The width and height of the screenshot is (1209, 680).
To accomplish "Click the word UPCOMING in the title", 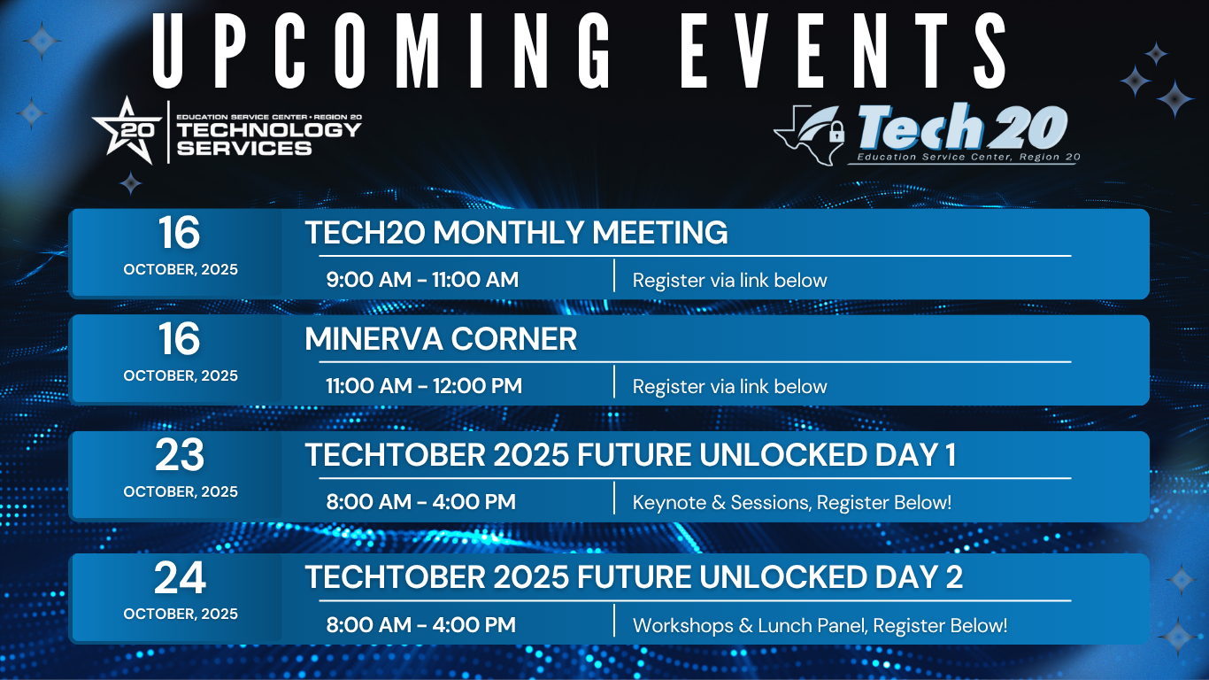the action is pos(381,50).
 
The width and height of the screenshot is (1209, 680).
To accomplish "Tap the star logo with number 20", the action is pos(127,130).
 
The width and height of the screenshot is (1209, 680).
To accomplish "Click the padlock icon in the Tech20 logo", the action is pos(836,131).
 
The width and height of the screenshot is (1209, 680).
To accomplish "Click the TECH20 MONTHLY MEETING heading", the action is pos(516,232).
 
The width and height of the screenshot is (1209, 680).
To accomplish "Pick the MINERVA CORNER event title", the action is pos(441,338).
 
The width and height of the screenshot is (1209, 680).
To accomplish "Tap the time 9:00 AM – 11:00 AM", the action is pos(422,280).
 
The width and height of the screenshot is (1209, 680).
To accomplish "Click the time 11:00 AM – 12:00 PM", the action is pos(424,386).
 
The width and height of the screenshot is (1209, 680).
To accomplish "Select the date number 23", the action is pos(180,455).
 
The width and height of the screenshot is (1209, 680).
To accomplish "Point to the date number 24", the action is pos(180,578).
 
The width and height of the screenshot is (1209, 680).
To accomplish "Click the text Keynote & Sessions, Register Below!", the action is pos(792,502).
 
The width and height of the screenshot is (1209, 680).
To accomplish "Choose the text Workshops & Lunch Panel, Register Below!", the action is pos(820,625).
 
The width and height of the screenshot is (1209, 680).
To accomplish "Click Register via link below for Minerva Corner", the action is pos(729,387).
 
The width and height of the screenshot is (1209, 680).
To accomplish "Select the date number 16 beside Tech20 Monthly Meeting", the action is pos(179,233).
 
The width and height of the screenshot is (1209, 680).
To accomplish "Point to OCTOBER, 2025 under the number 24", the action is pos(181,614).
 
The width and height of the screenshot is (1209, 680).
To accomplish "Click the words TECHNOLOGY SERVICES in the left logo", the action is pos(269,139).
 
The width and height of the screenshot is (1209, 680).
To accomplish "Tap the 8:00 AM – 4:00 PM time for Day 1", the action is pos(421,502).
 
